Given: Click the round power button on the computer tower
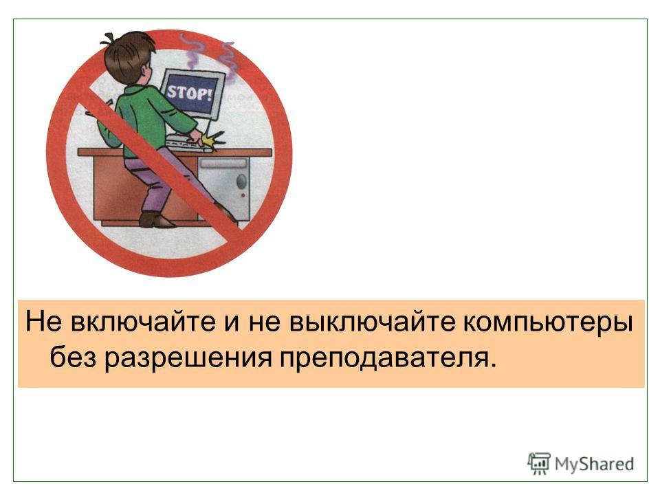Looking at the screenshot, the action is [241, 181].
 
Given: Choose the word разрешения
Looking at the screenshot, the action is [188, 359].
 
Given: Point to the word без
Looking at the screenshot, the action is [74, 357].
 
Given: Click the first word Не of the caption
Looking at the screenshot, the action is [44, 322].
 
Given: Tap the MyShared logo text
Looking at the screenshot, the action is [594, 464].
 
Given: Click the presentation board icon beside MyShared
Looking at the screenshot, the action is [539, 463].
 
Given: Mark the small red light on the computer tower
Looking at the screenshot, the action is [243, 196].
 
